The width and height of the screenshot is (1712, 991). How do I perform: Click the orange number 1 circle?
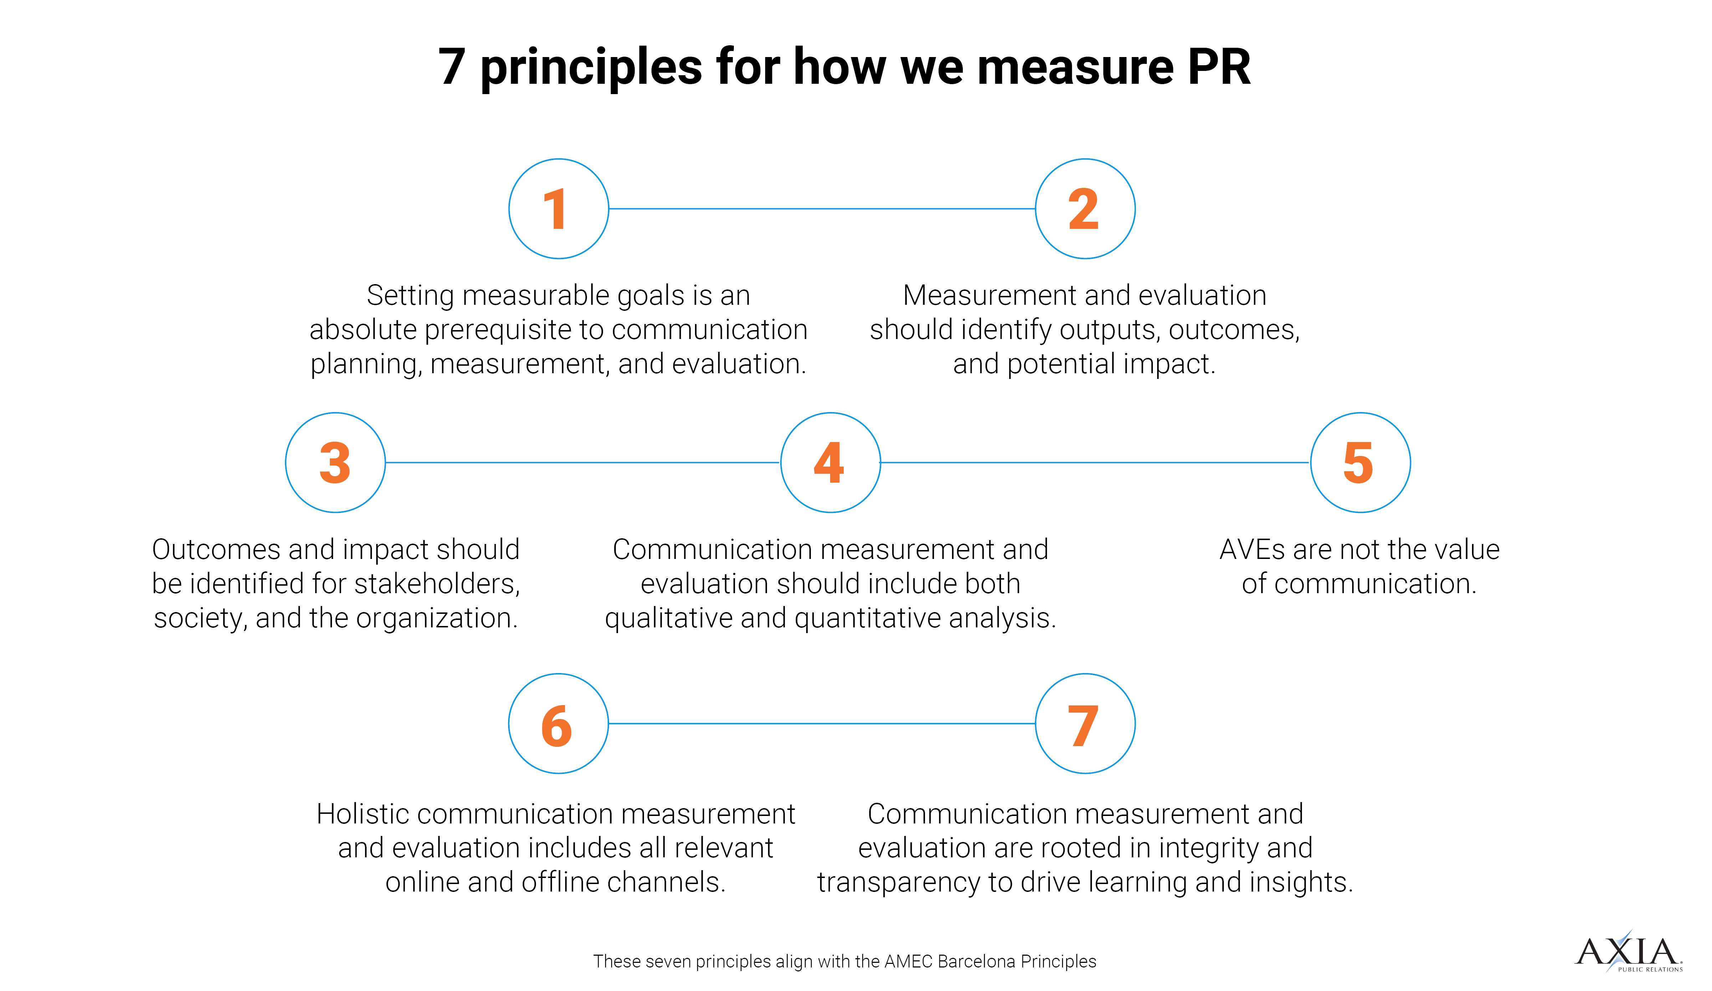point(558,209)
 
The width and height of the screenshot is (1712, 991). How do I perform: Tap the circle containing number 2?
point(1085,209)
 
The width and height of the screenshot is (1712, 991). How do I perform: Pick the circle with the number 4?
point(830,463)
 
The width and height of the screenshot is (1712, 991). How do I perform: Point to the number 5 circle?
point(1360,463)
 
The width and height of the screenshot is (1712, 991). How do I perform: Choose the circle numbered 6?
point(558,723)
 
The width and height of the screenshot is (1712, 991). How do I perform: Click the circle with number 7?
point(1085,723)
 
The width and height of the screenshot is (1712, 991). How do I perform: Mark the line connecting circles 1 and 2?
point(822,209)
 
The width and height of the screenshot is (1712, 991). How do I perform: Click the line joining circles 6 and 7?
point(822,723)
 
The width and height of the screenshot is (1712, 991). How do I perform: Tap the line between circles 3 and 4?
point(582,463)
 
